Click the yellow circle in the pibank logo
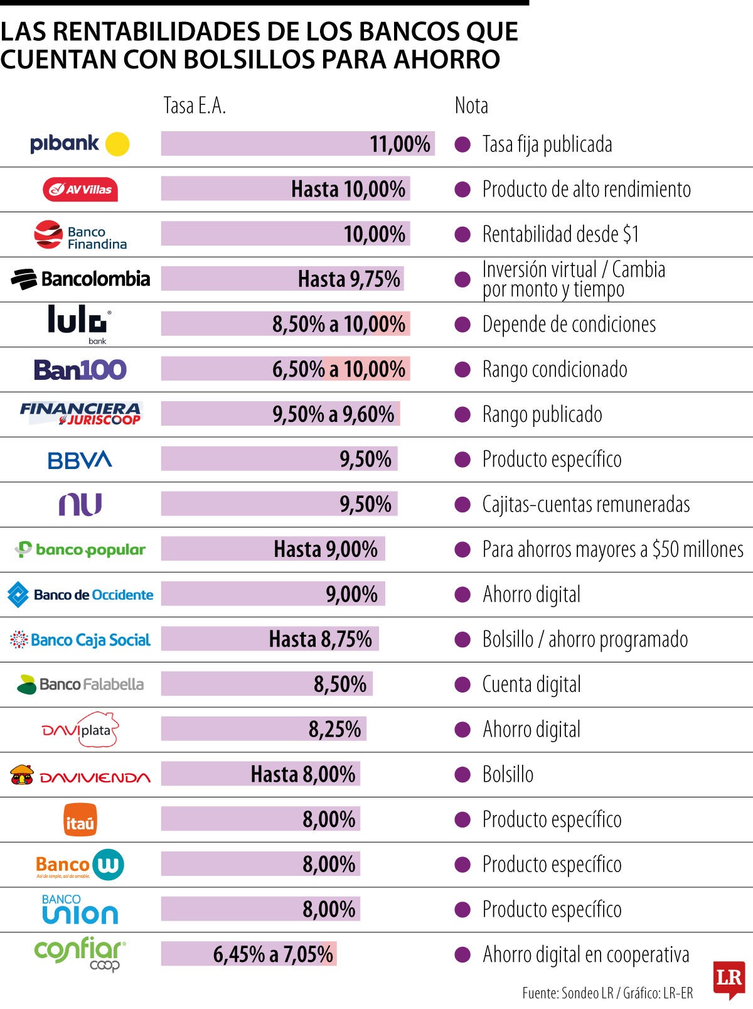click(117, 144)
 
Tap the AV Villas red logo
click(80, 190)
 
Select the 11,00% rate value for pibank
click(400, 144)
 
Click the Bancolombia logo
click(80, 279)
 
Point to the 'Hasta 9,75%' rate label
click(349, 279)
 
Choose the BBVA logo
click(80, 460)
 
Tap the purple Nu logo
click(80, 504)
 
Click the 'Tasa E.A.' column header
click(195, 105)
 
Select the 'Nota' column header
click(471, 105)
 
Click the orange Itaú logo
click(80, 820)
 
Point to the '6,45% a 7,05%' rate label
click(273, 954)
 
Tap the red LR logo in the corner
click(729, 979)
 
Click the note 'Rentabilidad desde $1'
click(560, 235)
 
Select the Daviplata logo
click(80, 730)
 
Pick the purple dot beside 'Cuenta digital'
click(462, 684)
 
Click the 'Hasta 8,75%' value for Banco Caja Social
click(320, 639)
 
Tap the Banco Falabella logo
click(80, 684)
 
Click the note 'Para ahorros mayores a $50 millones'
click(612, 549)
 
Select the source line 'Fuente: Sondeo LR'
click(567, 993)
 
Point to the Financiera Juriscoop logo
click(80, 414)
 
